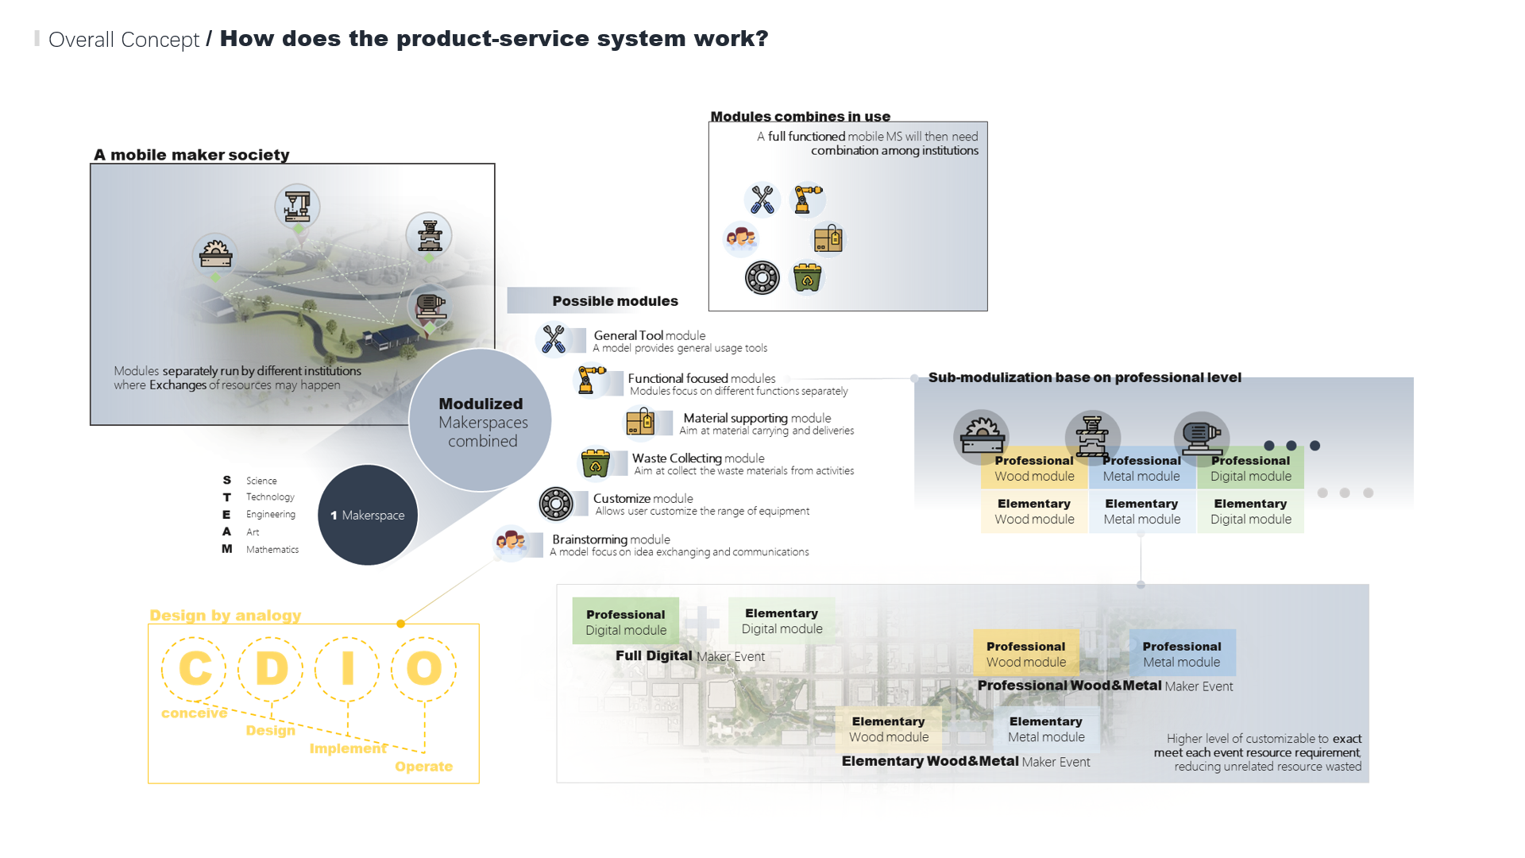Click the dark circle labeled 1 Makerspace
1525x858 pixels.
click(368, 515)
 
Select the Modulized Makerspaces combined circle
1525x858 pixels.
click(481, 421)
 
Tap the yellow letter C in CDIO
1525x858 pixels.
click(195, 668)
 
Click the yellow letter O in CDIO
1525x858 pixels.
click(424, 668)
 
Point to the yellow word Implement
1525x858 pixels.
click(348, 748)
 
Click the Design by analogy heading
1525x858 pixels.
click(226, 615)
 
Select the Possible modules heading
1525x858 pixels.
click(615, 301)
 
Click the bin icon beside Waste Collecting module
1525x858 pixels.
click(595, 464)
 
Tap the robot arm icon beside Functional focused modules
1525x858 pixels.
click(590, 380)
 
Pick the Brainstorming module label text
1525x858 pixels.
click(611, 539)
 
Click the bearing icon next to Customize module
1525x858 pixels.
click(556, 504)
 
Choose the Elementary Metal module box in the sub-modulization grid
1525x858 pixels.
click(1141, 512)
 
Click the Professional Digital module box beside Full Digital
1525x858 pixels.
click(626, 621)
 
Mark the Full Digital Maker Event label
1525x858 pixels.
click(689, 656)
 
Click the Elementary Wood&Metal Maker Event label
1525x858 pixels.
click(965, 761)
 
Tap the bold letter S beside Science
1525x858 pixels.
click(226, 480)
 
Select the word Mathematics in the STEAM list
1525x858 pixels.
click(272, 549)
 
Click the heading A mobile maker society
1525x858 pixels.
click(191, 155)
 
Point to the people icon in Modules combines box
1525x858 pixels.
click(740, 238)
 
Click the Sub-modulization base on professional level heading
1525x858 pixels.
click(1084, 377)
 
